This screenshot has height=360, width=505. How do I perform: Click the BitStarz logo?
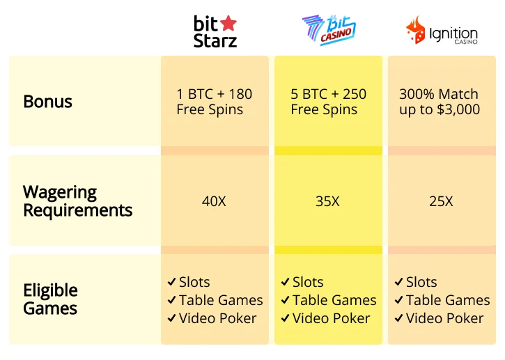[x=215, y=31]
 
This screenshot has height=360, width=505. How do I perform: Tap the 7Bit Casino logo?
[x=328, y=31]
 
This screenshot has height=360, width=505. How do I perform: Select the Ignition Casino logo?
[x=442, y=31]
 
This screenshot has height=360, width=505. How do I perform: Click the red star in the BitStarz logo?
[x=228, y=23]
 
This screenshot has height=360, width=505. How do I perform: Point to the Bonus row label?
[x=47, y=102]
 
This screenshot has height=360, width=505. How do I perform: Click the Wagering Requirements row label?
[x=77, y=201]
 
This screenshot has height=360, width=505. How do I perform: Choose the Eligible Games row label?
[x=50, y=299]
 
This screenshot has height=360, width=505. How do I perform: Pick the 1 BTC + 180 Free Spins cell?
[x=214, y=102]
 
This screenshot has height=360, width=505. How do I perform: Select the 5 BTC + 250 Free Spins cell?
[x=328, y=102]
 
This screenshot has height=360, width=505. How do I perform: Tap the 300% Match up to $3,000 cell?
[x=439, y=102]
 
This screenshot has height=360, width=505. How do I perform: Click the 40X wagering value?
[x=214, y=202]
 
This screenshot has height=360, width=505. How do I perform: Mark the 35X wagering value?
[x=327, y=202]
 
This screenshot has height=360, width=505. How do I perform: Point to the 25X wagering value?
[x=441, y=202]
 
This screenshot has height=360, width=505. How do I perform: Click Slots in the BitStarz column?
[x=194, y=282]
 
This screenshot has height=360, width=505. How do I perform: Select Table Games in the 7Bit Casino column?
[x=334, y=300]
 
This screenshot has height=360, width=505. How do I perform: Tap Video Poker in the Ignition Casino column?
[x=444, y=318]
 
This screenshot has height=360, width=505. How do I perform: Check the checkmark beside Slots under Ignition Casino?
[x=398, y=282]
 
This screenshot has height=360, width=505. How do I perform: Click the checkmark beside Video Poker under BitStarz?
[x=171, y=318]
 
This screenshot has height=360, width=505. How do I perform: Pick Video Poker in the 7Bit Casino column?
[x=331, y=318]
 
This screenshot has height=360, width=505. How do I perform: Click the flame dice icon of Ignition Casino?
[x=416, y=31]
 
